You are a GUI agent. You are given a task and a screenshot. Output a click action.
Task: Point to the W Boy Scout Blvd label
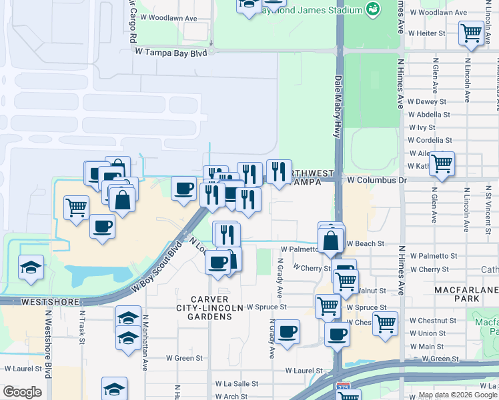pos(157,267)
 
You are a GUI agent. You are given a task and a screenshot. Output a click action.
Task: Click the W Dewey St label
pos(431,102)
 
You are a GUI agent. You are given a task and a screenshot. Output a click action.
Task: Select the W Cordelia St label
pos(430,141)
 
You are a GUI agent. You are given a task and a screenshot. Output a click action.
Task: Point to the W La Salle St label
pos(236,384)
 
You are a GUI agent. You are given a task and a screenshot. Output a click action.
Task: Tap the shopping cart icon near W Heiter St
pos(471,33)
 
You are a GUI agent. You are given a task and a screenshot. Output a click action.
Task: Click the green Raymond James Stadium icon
pos(372,9)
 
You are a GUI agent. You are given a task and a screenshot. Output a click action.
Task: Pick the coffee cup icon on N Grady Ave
pos(288,331)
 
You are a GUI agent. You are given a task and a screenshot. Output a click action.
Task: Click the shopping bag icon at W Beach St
pos(331,239)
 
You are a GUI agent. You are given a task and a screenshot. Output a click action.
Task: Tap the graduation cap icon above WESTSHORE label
pos(31,267)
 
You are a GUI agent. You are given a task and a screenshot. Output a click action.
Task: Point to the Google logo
pos(22,392)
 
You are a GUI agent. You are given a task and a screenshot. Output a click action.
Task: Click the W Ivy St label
pos(422,127)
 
